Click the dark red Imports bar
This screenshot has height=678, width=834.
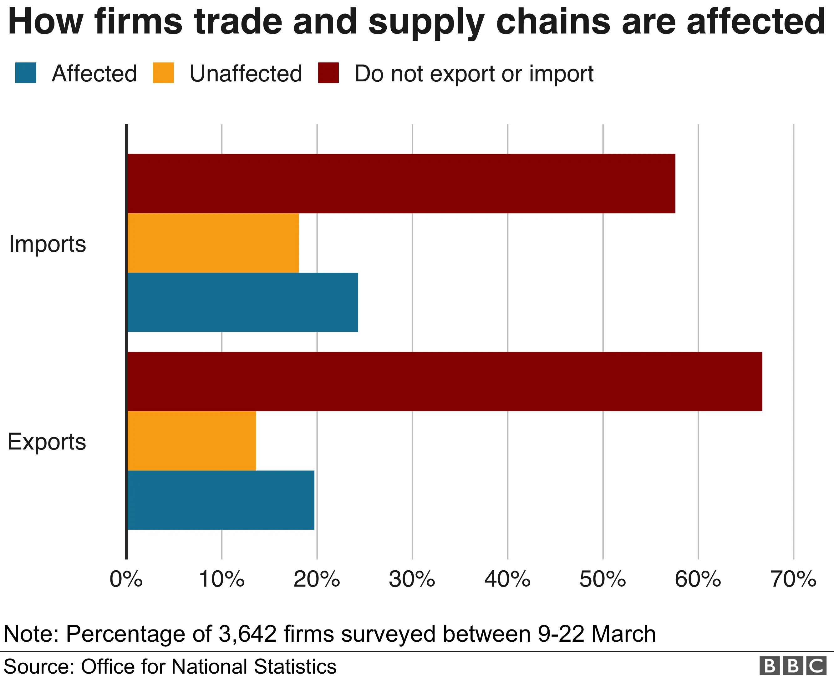[401, 183]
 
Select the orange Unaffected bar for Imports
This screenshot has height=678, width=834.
[213, 243]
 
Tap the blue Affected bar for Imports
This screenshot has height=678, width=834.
[243, 302]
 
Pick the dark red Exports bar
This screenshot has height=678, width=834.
[445, 382]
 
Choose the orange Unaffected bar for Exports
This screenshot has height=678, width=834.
[192, 441]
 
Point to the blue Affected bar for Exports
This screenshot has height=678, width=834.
[221, 500]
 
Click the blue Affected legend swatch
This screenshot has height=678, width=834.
[26, 73]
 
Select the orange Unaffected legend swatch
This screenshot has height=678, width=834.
[163, 73]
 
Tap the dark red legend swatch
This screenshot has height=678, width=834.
[328, 73]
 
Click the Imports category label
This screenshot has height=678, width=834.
[48, 244]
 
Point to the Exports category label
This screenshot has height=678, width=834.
[47, 442]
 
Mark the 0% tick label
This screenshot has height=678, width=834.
[126, 579]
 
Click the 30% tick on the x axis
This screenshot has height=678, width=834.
[412, 579]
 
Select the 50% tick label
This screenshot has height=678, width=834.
[603, 579]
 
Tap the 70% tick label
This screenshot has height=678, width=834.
[793, 579]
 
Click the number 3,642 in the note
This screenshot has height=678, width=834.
[247, 634]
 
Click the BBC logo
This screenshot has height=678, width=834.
[793, 666]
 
